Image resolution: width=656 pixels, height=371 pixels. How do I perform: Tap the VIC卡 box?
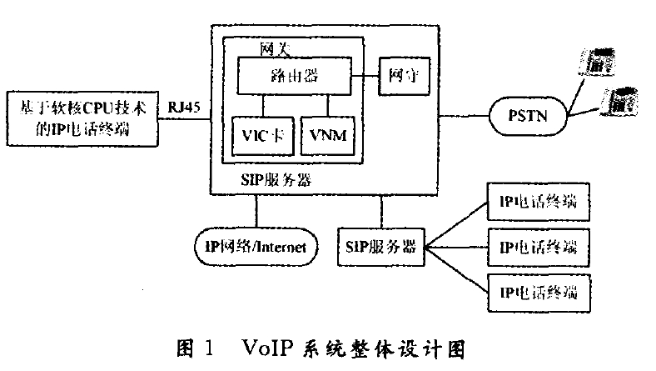pyautogui.click(x=263, y=133)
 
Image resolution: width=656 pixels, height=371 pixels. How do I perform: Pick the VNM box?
pyautogui.click(x=327, y=133)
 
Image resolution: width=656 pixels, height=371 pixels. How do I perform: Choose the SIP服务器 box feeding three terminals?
pyautogui.click(x=380, y=247)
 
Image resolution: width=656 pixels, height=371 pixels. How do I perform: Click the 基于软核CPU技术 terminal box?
pyautogui.click(x=81, y=119)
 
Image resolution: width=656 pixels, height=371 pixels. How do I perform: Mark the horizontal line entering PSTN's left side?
pyautogui.click(x=465, y=115)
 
